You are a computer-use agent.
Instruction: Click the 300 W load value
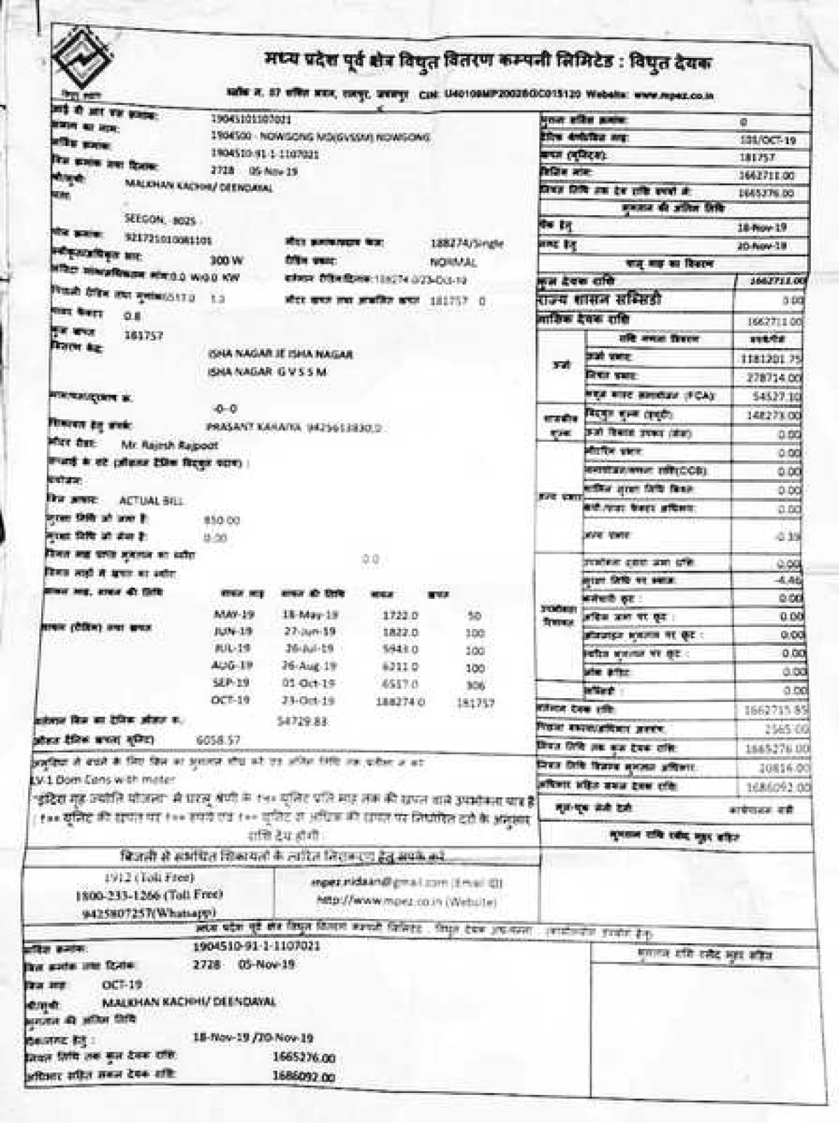[227, 261]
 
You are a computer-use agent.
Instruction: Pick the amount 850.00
[221, 521]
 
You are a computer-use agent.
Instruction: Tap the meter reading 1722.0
[400, 616]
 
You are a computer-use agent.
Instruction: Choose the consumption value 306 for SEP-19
[475, 686]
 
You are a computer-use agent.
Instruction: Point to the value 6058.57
[218, 739]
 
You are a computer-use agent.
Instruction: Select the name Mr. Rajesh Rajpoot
[169, 444]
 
